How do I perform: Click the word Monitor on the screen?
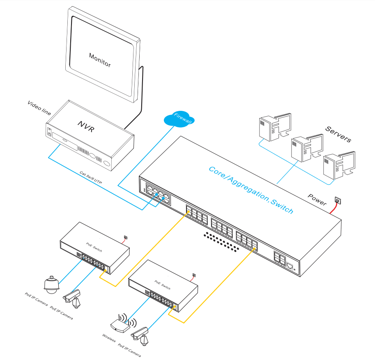pos(100,60)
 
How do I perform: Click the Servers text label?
pos(338,134)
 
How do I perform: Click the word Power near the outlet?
pos(317,199)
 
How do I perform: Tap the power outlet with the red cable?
pos(338,201)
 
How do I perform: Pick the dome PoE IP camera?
pos(51,284)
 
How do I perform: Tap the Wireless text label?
pos(109,338)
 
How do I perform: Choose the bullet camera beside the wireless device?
pos(140,335)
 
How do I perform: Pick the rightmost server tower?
pos(338,166)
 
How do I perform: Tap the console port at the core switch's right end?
pos(290,265)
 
